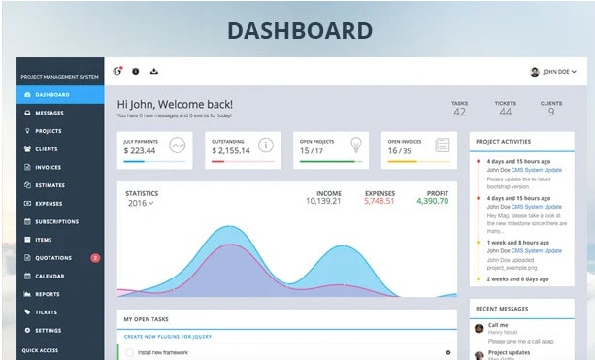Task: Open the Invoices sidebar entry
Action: (48, 167)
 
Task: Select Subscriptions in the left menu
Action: (56, 221)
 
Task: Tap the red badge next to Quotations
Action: (95, 258)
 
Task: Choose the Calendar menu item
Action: (50, 276)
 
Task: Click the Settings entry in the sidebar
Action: (48, 330)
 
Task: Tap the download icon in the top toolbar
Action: (154, 72)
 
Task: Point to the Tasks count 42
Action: (459, 112)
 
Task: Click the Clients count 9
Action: (550, 112)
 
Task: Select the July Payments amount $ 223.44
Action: (141, 150)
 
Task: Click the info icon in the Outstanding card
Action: (266, 147)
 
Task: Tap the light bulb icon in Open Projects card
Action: (355, 147)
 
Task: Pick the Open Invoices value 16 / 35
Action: (401, 150)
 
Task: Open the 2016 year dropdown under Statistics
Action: (140, 204)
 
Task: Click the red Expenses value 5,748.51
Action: (379, 201)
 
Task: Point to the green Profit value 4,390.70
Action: (432, 201)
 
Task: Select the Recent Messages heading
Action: (502, 309)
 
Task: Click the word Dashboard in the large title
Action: (299, 30)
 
